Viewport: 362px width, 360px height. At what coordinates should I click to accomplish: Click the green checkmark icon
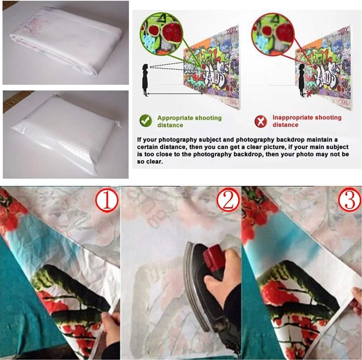[x=145, y=121]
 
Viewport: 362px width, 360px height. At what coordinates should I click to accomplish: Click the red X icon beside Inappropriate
[x=260, y=121]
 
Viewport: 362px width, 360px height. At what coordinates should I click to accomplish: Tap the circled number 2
[x=227, y=201]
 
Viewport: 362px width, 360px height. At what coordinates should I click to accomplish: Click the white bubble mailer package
[x=65, y=133]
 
